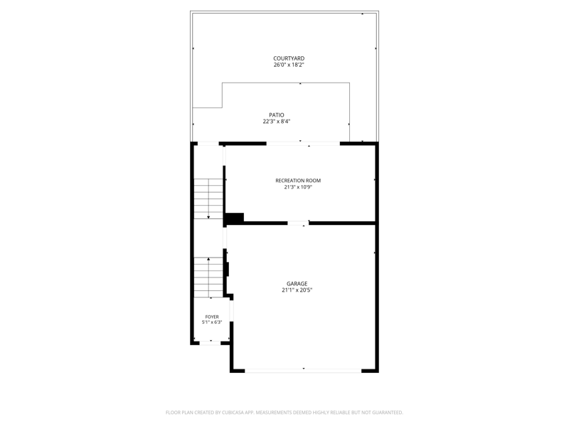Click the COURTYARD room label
point(289,58)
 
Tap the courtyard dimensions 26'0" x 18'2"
point(289,65)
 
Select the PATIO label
point(277,115)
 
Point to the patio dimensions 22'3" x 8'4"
point(277,122)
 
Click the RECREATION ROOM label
point(298,181)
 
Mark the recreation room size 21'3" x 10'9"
point(298,187)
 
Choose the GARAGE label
point(297,283)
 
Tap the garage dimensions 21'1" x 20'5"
point(297,290)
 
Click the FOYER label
point(212,317)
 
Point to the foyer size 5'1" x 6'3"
point(212,322)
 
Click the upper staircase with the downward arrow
point(208,199)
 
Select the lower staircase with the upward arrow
point(208,278)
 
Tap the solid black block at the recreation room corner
point(235,218)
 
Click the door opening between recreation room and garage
point(298,223)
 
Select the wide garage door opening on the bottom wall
point(304,371)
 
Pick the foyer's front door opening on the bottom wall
point(210,342)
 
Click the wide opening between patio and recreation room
point(304,144)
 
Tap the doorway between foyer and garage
point(231,311)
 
